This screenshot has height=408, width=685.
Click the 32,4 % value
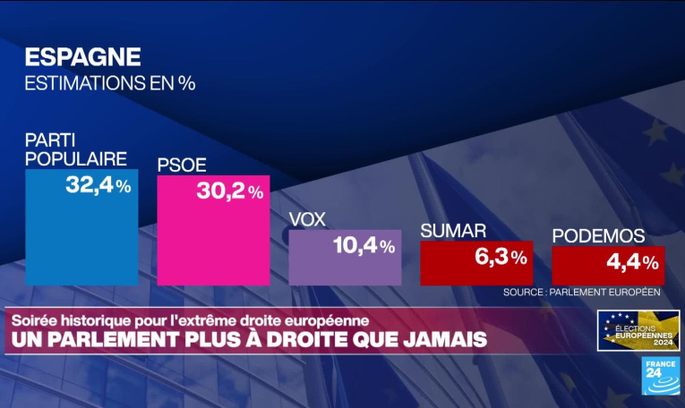tap(98, 186)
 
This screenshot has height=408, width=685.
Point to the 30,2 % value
tap(230, 191)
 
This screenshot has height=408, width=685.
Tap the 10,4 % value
tap(364, 245)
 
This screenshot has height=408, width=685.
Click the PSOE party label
tap(182, 165)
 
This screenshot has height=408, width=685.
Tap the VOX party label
tap(307, 219)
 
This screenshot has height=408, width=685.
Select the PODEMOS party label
tap(599, 235)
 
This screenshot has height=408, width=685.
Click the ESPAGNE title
tap(82, 56)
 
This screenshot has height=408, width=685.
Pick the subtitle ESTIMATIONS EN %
tap(109, 84)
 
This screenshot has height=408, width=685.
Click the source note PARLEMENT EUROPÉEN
tap(581, 292)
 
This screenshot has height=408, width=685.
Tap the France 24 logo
tap(660, 375)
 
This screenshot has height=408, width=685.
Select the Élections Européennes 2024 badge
tap(638, 330)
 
